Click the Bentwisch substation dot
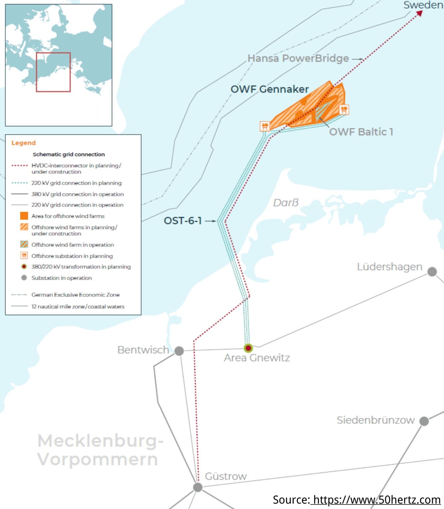[x=179, y=351]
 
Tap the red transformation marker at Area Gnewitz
[x=248, y=348]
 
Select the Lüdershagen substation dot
[x=432, y=272]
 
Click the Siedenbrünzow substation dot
[x=424, y=421]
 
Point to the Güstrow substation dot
[x=198, y=487]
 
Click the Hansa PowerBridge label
[x=298, y=58]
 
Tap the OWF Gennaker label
[x=270, y=89]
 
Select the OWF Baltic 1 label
[x=361, y=132]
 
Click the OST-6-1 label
[x=183, y=221]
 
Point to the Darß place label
[x=286, y=202]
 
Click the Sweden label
[x=423, y=5]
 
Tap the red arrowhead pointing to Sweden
[x=419, y=13]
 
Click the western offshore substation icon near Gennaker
[x=265, y=126]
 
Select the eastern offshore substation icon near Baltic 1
[x=344, y=109]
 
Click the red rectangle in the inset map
[x=53, y=72]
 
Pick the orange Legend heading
[x=24, y=143]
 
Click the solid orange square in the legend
[x=24, y=216]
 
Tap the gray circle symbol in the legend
[x=24, y=278]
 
